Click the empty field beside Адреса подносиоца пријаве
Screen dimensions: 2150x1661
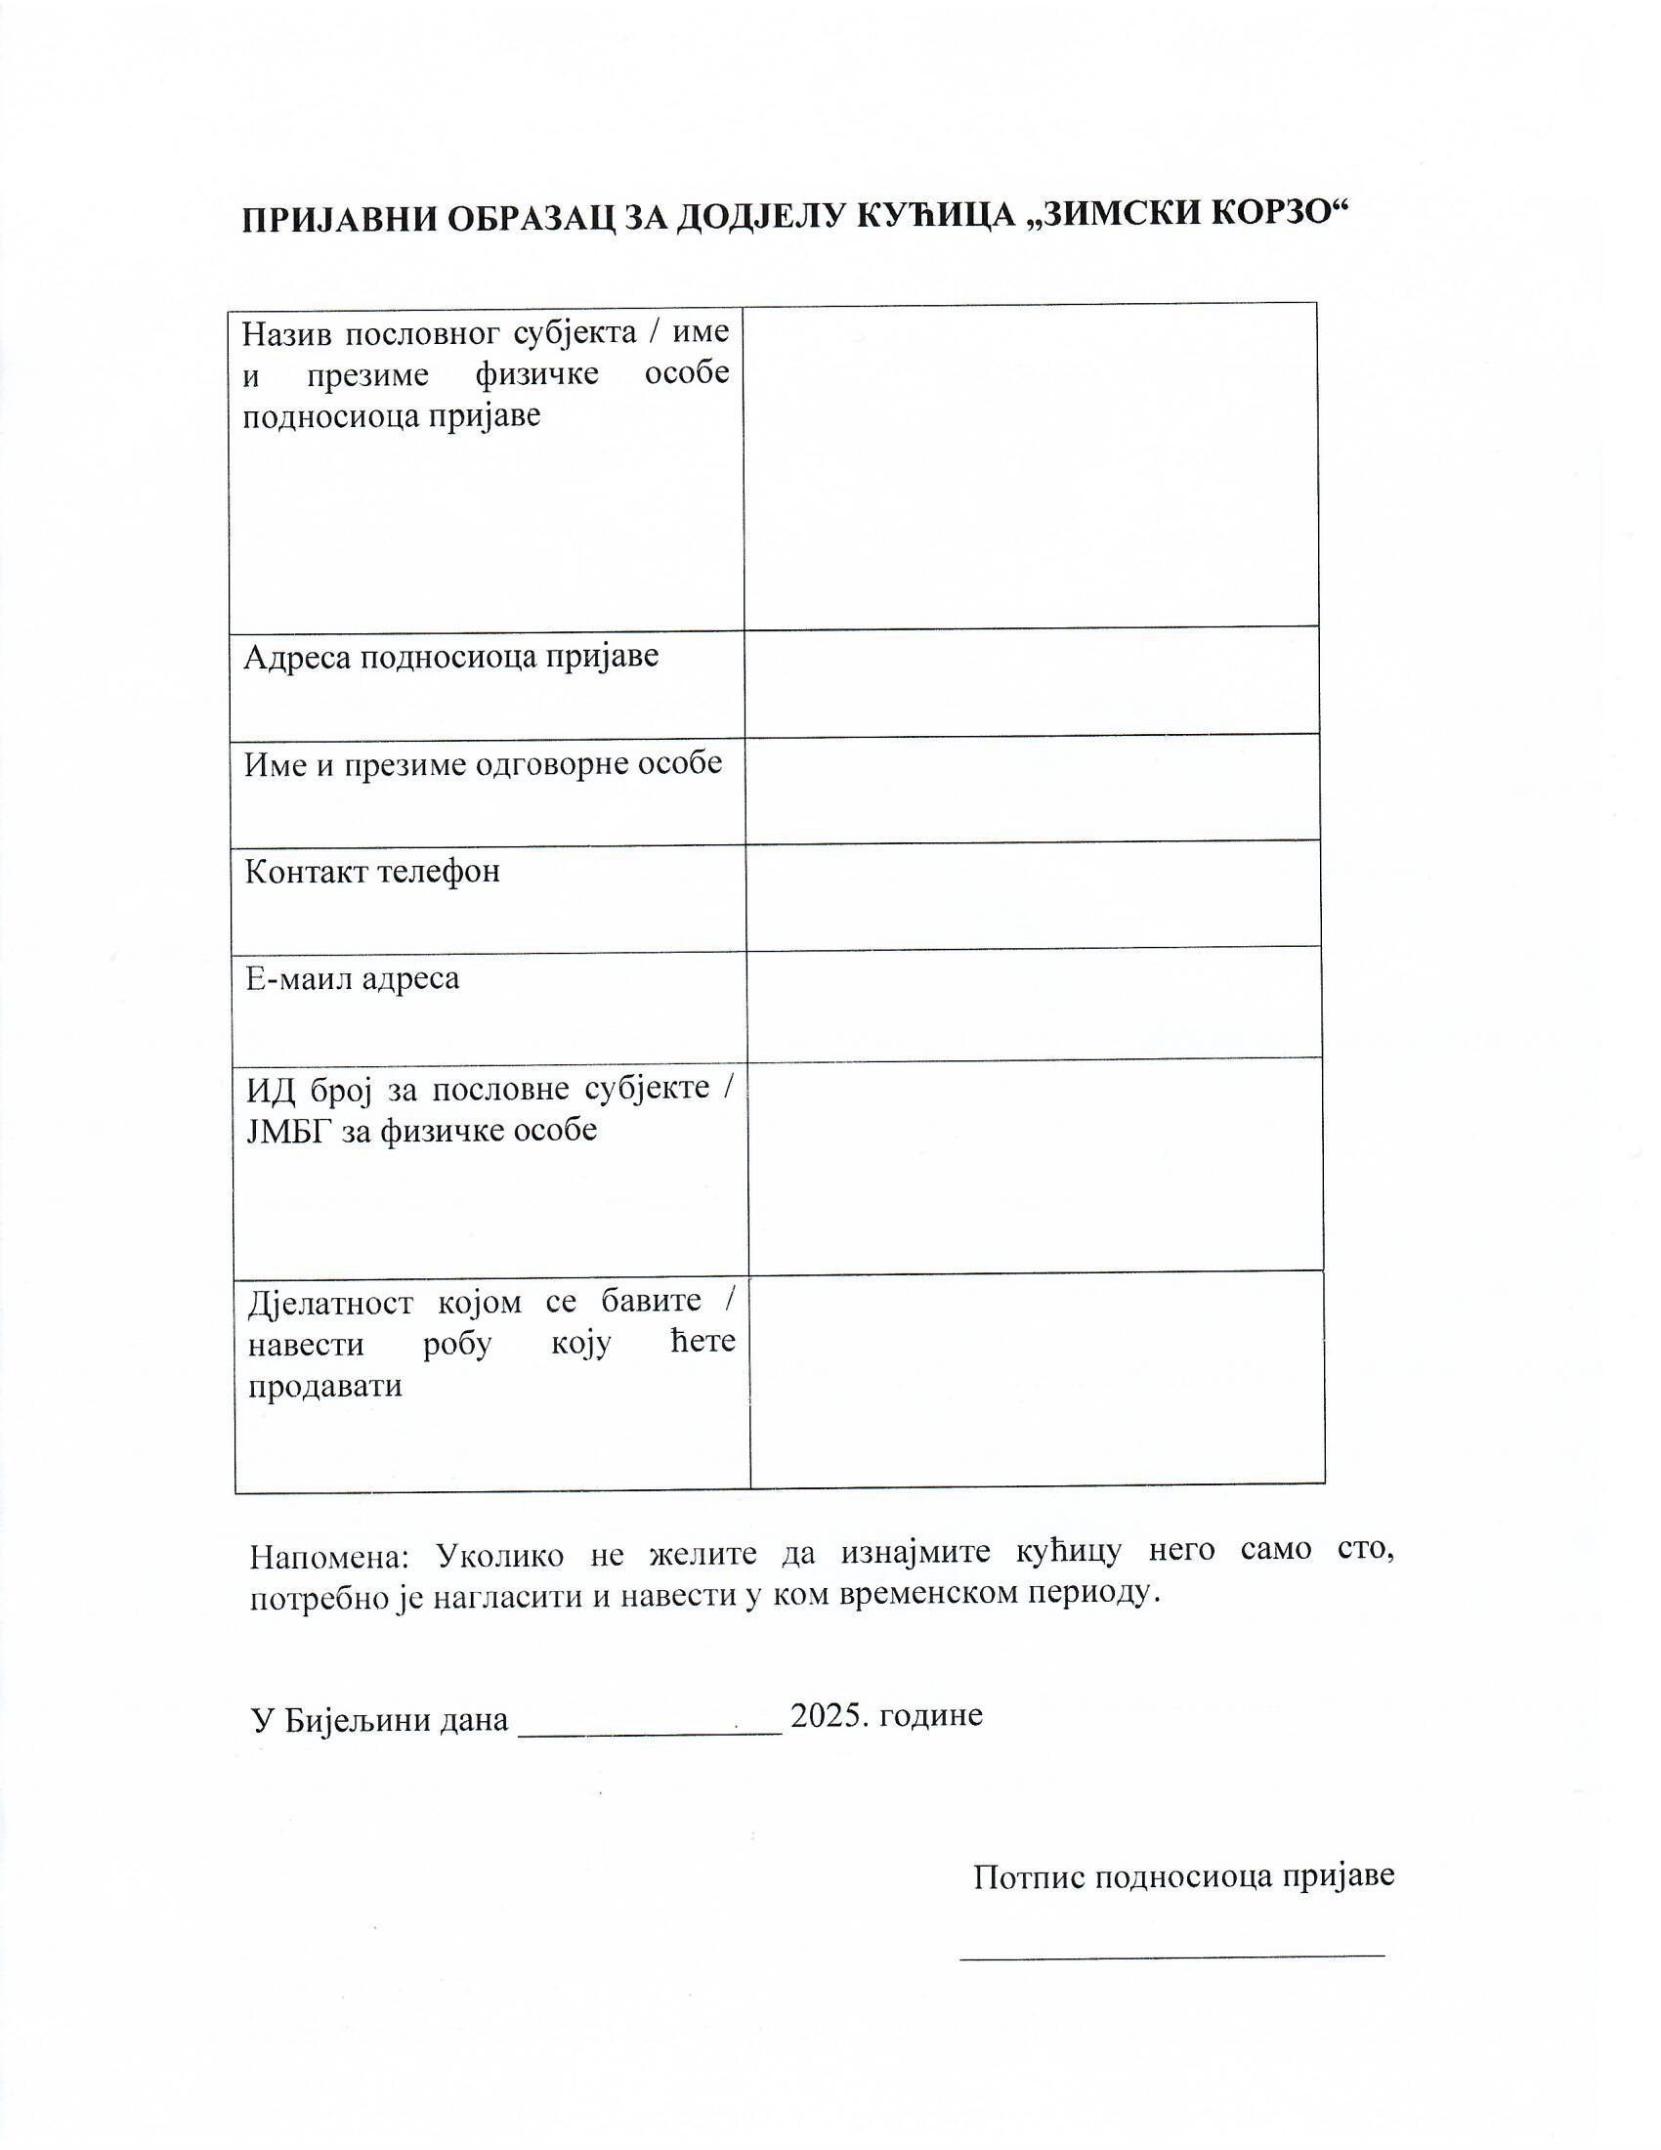tap(1031, 680)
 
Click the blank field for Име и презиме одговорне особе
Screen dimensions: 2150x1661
tap(1032, 788)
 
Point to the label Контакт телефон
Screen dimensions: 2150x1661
tap(372, 871)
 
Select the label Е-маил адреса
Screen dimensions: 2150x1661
tap(353, 978)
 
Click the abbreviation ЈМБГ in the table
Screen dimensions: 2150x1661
tap(289, 1130)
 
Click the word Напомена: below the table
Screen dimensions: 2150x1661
tap(327, 1558)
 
